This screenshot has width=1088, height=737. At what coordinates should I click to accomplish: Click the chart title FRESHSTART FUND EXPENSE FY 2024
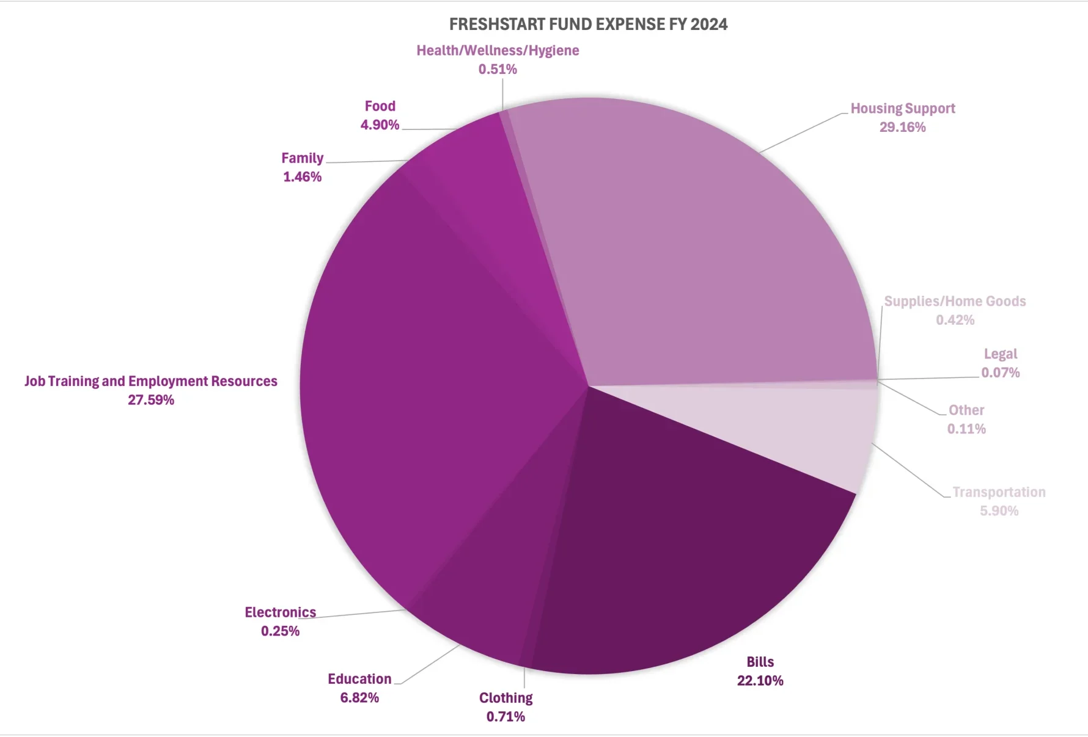(x=588, y=24)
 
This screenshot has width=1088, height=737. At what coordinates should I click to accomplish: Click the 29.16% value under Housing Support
(x=902, y=128)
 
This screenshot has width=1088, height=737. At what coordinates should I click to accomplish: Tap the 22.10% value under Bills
(x=760, y=681)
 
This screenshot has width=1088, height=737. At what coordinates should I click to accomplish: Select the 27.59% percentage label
(x=151, y=400)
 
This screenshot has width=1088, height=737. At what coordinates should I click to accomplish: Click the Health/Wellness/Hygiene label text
(x=498, y=51)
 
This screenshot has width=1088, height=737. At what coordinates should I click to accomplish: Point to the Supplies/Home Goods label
(x=955, y=302)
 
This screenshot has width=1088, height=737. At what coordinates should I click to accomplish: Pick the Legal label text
(x=1000, y=354)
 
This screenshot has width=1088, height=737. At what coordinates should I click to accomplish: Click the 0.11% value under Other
(x=966, y=429)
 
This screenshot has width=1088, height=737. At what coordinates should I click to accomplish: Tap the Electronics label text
(x=280, y=612)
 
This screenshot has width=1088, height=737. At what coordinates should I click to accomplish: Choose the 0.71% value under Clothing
(x=505, y=717)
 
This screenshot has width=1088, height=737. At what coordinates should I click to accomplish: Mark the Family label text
(x=302, y=158)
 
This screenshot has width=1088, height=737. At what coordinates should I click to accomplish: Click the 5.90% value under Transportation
(x=999, y=511)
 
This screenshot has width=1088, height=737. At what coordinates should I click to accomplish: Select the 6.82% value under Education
(x=359, y=698)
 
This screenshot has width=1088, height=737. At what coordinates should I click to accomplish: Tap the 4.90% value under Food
(x=380, y=125)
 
